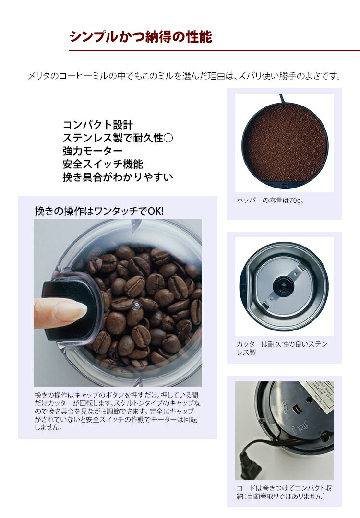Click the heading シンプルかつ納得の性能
[141, 36]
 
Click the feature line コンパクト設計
[97, 125]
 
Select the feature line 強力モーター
[92, 151]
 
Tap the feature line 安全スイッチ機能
[102, 164]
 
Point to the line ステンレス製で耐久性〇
[118, 138]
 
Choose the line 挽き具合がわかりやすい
[118, 177]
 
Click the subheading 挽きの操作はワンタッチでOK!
[99, 211]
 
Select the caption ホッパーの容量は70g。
[270, 200]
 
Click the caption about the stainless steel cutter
[282, 348]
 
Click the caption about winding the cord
[284, 492]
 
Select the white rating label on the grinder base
[319, 395]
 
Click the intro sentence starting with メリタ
[184, 76]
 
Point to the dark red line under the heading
[214, 50]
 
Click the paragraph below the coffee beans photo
[117, 411]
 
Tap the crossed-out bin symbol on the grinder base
[302, 427]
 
